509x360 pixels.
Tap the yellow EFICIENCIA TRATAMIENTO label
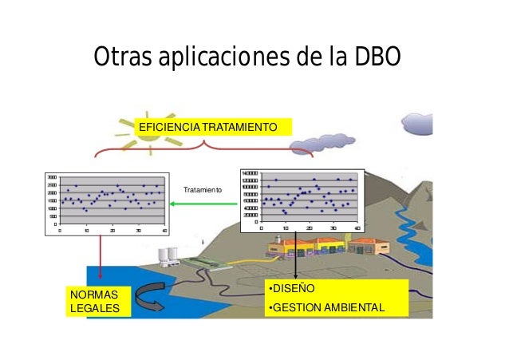tap(208, 128)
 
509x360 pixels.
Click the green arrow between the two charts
tap(205, 204)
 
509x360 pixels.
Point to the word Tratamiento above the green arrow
tap(203, 191)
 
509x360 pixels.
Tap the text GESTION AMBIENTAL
tap(328, 307)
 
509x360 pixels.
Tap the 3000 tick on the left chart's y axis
tap(51, 177)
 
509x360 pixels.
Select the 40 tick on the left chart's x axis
tap(164, 231)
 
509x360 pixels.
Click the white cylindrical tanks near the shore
tap(168, 255)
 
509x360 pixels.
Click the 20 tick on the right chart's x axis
tap(309, 227)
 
